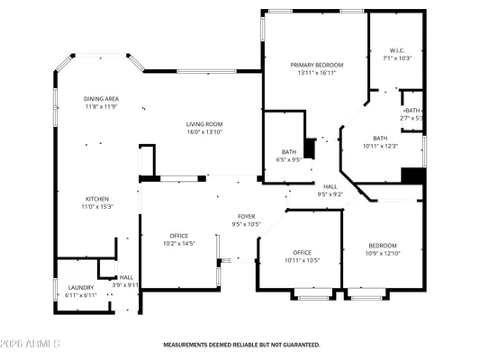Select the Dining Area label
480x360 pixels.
click(x=101, y=99)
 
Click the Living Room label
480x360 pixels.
click(x=204, y=124)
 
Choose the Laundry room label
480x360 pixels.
click(x=81, y=288)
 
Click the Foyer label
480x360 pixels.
click(x=246, y=217)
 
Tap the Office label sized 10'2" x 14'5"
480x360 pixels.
click(x=179, y=236)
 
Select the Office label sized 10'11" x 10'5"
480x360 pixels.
click(x=301, y=252)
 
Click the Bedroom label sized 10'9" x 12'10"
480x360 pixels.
click(x=383, y=246)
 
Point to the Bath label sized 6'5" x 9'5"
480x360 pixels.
click(x=288, y=152)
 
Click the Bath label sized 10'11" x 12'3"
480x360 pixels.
click(x=380, y=138)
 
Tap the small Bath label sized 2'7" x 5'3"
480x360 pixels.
click(x=412, y=111)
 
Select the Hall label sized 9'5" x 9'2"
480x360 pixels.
click(x=331, y=186)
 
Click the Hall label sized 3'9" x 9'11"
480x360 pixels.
click(x=126, y=277)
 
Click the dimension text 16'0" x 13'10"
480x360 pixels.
click(x=204, y=132)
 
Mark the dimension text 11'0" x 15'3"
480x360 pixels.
click(x=96, y=206)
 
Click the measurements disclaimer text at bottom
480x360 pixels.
click(x=240, y=344)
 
